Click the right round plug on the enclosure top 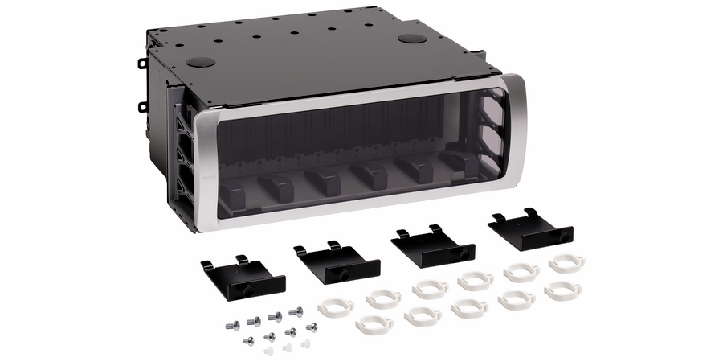[x=412, y=39]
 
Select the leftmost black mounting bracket [x=243, y=275]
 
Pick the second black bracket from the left [x=337, y=259]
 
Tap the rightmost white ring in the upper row [x=566, y=263]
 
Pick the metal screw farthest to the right [x=311, y=327]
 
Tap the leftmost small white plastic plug [x=269, y=351]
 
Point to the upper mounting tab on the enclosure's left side [x=142, y=62]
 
